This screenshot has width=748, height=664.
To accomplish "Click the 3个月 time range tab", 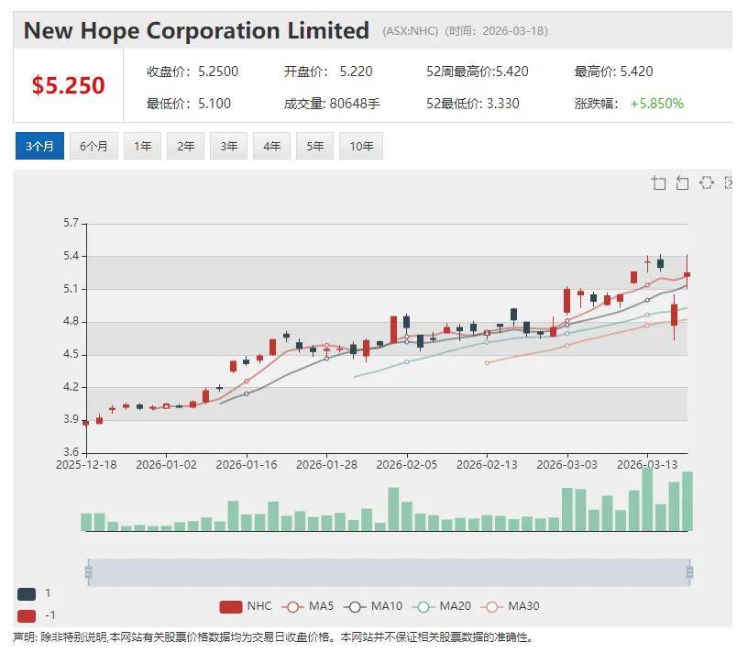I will tap(39, 146).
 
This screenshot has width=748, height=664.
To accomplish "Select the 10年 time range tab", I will tap(360, 146).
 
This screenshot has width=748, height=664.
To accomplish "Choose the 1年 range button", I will tap(142, 146).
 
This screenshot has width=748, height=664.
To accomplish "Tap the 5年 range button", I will tap(314, 146).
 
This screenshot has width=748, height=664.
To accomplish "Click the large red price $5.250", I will tap(68, 85).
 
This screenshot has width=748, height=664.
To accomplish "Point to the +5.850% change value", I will tap(656, 104).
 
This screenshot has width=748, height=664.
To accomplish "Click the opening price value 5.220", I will tap(356, 72).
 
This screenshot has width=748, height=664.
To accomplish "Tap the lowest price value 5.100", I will tap(214, 104).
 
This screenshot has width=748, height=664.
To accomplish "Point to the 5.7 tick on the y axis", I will tap(71, 223).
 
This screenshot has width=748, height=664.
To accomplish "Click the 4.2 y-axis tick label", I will tap(71, 387).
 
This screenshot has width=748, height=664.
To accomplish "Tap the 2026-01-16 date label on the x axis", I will tap(246, 464).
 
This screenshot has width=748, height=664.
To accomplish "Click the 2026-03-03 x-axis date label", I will tap(567, 464).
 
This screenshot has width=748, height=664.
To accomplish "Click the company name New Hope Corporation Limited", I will tap(196, 30).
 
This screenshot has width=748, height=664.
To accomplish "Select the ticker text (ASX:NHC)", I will tap(411, 31).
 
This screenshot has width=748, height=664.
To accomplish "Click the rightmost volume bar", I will tap(687, 501).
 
